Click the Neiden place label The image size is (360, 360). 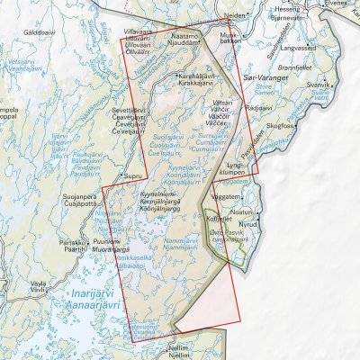pyautogui.click(x=234, y=15)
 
